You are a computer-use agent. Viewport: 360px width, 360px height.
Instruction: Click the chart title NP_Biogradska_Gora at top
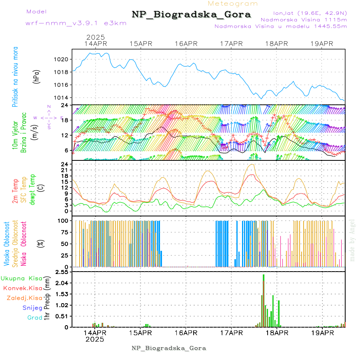(191, 15)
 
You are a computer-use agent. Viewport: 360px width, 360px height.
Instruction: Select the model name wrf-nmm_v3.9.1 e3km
(76, 23)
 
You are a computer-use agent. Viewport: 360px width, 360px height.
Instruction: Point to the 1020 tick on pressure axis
(62, 59)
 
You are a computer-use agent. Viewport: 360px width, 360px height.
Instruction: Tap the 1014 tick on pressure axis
(62, 98)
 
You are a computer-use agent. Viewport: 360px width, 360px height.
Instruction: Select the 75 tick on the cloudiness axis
(64, 232)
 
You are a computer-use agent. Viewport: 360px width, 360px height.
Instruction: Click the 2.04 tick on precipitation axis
(62, 283)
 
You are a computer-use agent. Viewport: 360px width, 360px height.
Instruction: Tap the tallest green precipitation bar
(264, 300)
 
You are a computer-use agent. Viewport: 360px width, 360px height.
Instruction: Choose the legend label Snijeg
(32, 308)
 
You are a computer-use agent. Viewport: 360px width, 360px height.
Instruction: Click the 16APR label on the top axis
(186, 44)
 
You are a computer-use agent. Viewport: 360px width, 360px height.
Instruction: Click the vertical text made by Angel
(352, 240)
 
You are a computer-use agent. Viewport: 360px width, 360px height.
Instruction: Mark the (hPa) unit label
(37, 76)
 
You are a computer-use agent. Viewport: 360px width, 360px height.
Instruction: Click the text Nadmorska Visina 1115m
(304, 19)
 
